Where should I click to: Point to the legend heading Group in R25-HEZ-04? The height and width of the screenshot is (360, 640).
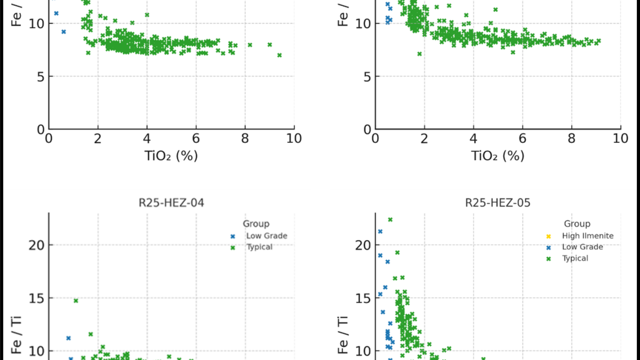(256, 223)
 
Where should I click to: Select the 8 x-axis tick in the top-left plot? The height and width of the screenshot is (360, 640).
(245, 138)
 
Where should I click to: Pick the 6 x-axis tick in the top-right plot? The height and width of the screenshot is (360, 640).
(523, 138)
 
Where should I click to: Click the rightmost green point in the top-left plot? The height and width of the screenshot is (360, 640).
(279, 55)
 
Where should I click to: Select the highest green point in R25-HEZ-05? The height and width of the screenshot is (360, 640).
(390, 220)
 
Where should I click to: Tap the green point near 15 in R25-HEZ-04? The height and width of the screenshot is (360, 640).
(76, 301)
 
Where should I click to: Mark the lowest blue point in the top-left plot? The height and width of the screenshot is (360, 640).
(63, 32)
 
